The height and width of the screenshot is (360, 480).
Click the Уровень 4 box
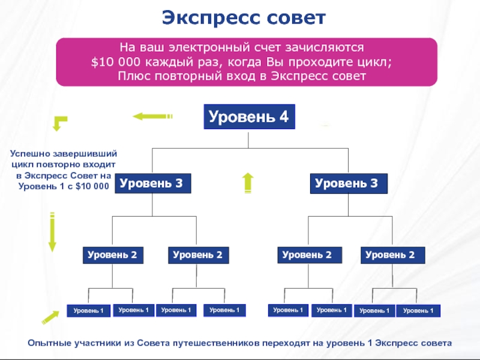[x=248, y=117]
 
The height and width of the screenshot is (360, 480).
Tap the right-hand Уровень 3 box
[x=347, y=184]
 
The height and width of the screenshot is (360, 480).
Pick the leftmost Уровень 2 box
[x=112, y=255]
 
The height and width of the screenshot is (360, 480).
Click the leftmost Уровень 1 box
[x=89, y=311]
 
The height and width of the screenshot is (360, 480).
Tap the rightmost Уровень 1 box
[x=419, y=311]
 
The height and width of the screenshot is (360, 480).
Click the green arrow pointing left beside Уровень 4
[x=152, y=116]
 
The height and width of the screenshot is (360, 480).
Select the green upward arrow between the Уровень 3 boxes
[x=247, y=182]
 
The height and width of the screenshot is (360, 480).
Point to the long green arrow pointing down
[x=52, y=231]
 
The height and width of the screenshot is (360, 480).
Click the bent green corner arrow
[x=59, y=123]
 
